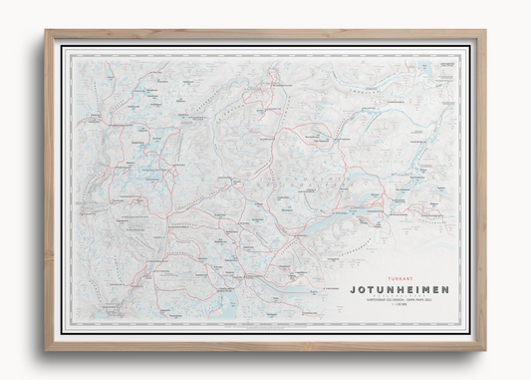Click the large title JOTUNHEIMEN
(x=399, y=289)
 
